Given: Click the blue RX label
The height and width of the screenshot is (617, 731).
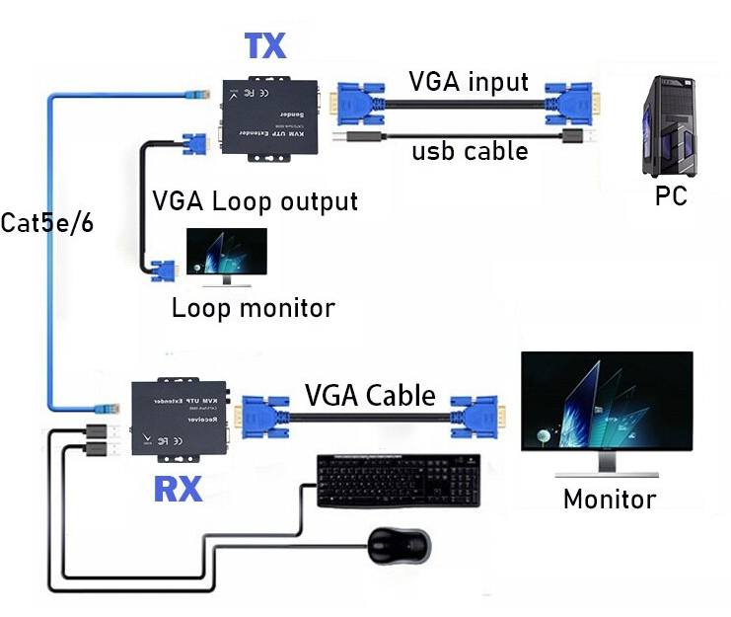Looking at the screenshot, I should [x=178, y=488].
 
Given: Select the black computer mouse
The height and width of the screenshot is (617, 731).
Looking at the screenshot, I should [x=399, y=544].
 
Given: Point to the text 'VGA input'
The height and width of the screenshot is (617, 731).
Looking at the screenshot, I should [x=470, y=81].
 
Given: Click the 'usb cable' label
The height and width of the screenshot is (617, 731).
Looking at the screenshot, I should [x=470, y=151].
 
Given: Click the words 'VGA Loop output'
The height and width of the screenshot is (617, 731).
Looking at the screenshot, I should [x=255, y=201].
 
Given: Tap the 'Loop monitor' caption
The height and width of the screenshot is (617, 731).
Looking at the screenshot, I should [x=254, y=307].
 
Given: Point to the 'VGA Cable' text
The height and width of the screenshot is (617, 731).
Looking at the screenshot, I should [x=370, y=395].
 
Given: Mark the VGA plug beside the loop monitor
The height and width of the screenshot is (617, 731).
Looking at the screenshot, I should [x=161, y=270].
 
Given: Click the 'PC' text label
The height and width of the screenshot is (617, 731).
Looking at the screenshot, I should [x=671, y=195].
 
